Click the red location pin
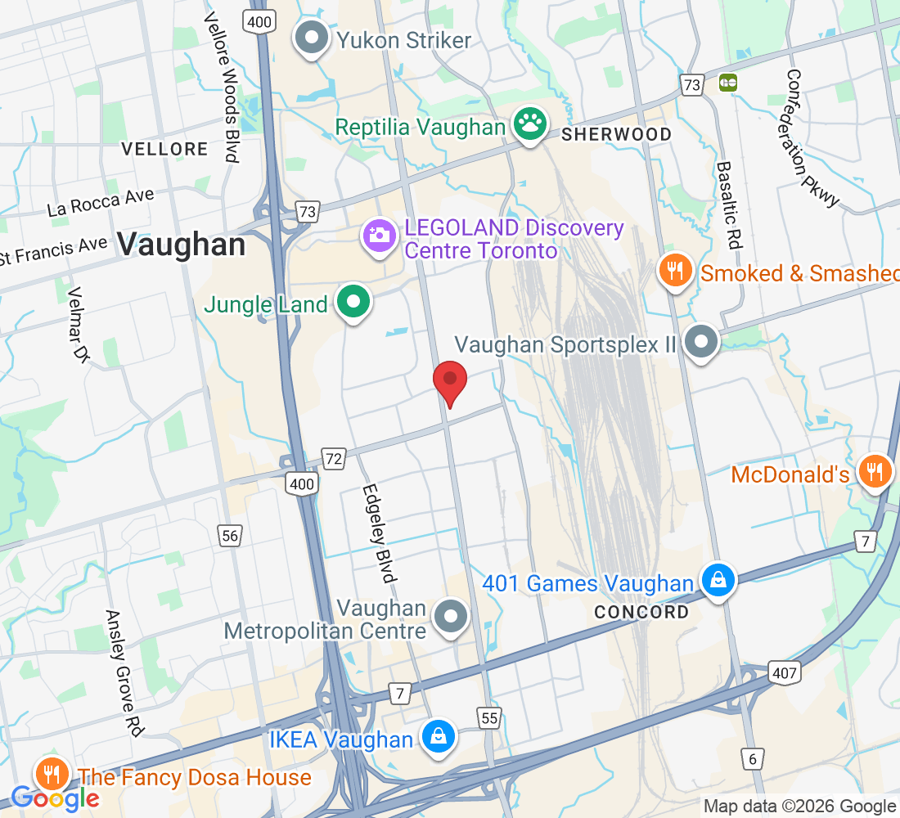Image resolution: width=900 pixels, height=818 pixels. pyautogui.click(x=449, y=382)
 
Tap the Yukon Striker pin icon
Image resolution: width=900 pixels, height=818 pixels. pyautogui.click(x=312, y=39)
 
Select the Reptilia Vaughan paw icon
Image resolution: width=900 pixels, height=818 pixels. pyautogui.click(x=530, y=126)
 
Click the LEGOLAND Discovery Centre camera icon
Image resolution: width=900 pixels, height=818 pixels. pyautogui.click(x=380, y=238)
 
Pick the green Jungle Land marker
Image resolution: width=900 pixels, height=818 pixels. pyautogui.click(x=353, y=303)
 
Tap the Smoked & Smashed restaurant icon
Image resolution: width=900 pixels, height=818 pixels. pyautogui.click(x=675, y=272)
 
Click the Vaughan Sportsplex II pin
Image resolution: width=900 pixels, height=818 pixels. pyautogui.click(x=701, y=344)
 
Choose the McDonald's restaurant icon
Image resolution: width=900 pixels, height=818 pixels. pyautogui.click(x=875, y=473)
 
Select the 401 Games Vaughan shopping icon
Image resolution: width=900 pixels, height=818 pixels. pyautogui.click(x=718, y=582)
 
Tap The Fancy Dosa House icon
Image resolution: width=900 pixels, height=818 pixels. pyautogui.click(x=52, y=775)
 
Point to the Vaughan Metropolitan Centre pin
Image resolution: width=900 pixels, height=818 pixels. pyautogui.click(x=450, y=618)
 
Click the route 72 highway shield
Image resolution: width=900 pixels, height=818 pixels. pyautogui.click(x=333, y=459)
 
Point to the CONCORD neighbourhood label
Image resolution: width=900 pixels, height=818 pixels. pyautogui.click(x=641, y=612)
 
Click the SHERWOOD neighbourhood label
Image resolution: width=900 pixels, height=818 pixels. pyautogui.click(x=616, y=134)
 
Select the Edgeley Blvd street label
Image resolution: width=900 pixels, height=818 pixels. pyautogui.click(x=378, y=533)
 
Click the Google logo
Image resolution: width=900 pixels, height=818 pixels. pyautogui.click(x=55, y=798)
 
